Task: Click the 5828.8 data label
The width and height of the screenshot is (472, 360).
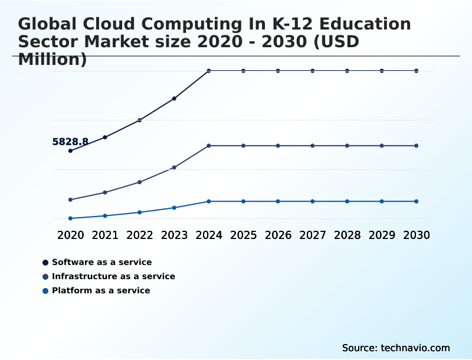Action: click(x=70, y=142)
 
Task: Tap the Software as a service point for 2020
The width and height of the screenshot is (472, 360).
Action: click(x=70, y=150)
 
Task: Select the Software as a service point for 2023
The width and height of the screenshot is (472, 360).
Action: click(x=174, y=99)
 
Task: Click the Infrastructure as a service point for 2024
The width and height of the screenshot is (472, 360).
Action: click(x=209, y=145)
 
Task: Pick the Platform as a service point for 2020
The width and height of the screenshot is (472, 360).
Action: click(x=70, y=218)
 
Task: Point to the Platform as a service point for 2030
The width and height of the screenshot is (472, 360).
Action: click(x=417, y=201)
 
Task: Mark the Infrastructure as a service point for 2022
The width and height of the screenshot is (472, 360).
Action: click(x=140, y=182)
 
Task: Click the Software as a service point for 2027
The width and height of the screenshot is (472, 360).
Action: click(x=313, y=71)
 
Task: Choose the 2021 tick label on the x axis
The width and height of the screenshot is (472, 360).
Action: click(x=105, y=235)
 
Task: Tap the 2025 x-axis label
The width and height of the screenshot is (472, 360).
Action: click(x=244, y=235)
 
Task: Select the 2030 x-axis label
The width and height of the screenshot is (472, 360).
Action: click(x=417, y=235)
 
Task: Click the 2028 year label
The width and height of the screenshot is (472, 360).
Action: click(x=348, y=235)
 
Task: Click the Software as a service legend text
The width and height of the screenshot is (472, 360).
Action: click(x=101, y=262)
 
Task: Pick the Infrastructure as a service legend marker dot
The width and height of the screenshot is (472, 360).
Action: click(x=45, y=276)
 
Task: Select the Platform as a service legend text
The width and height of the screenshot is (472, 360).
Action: click(x=101, y=290)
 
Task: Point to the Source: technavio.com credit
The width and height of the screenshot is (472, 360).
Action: click(x=396, y=348)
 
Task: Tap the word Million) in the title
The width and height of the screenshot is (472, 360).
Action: click(x=53, y=60)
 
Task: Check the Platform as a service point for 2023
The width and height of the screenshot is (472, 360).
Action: click(x=174, y=208)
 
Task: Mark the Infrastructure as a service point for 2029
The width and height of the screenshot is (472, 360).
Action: click(x=382, y=145)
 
